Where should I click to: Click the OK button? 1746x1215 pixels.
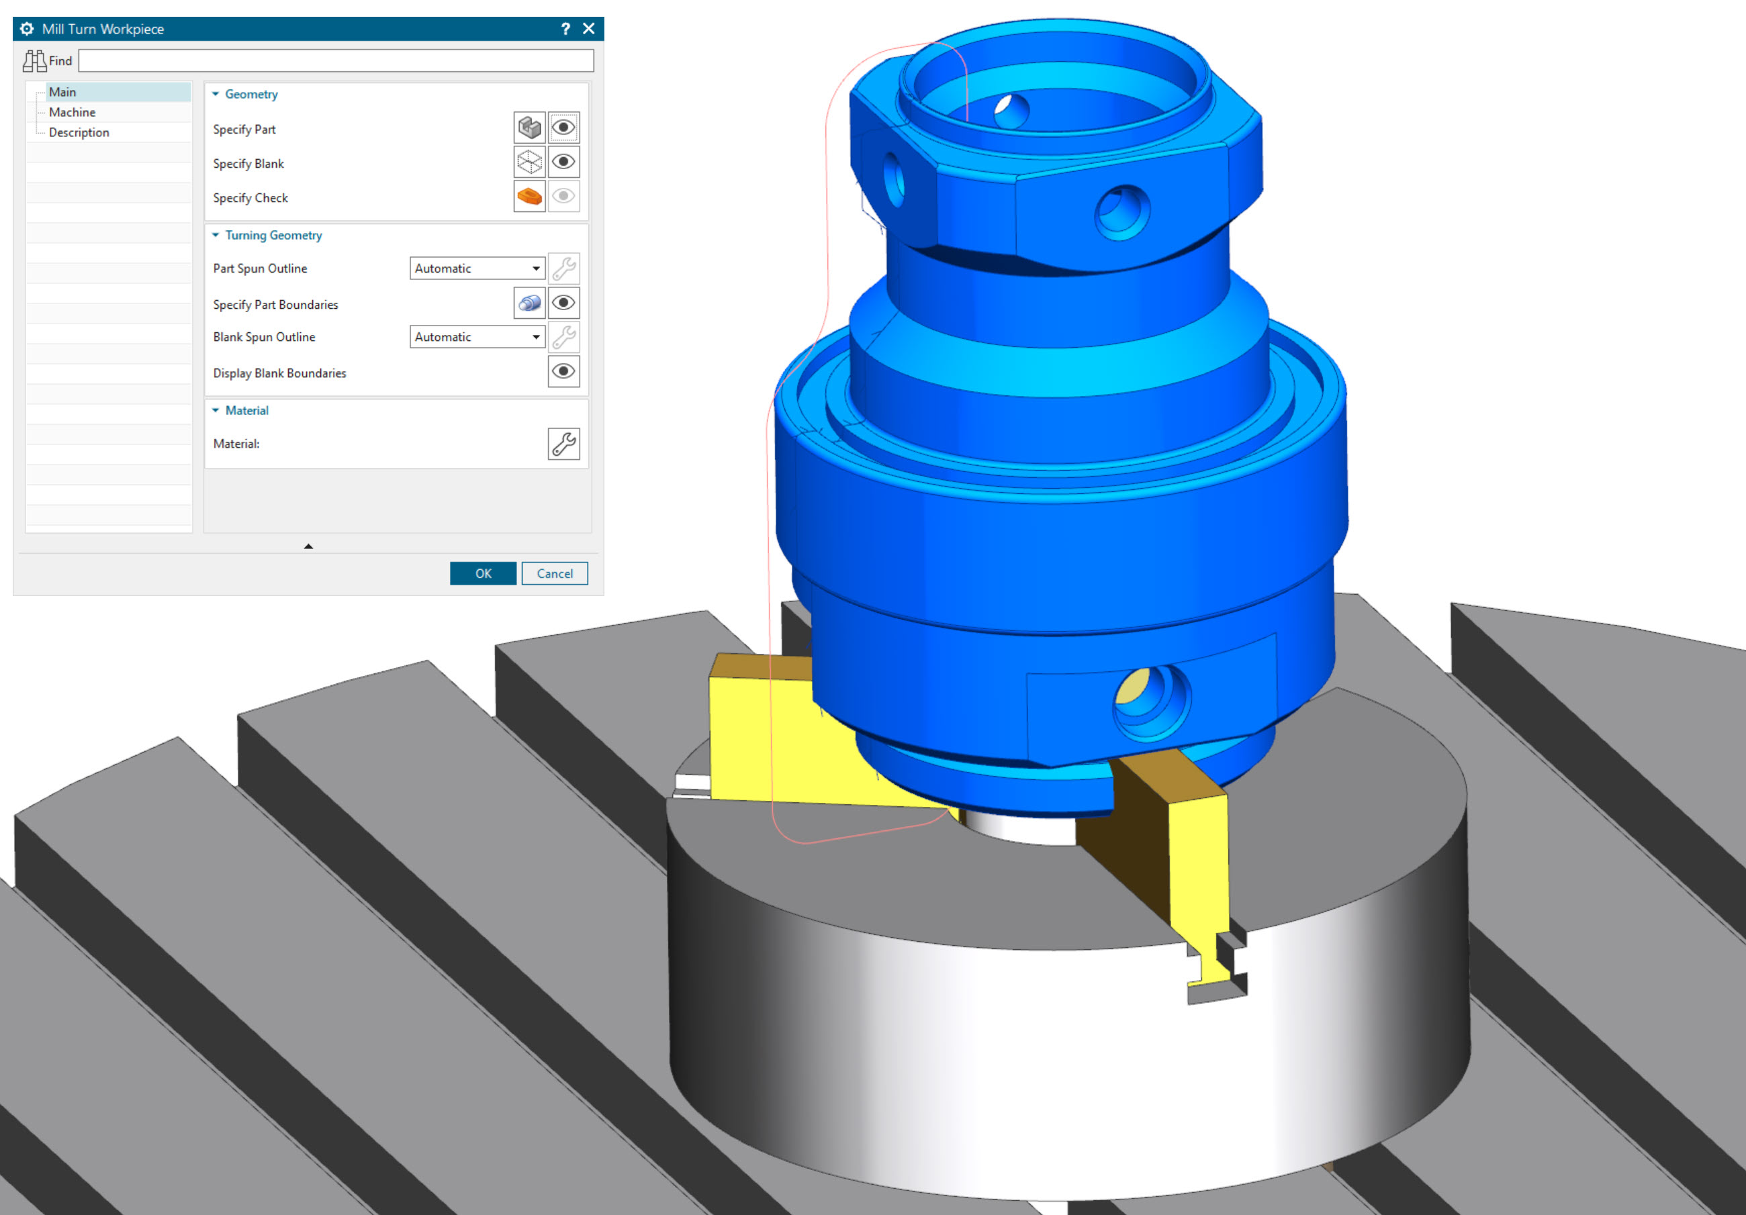click(483, 573)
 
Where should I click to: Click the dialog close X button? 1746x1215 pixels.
click(588, 29)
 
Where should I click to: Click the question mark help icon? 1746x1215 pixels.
click(565, 29)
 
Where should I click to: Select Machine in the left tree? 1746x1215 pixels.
click(73, 112)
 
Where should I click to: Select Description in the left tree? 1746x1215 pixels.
click(79, 132)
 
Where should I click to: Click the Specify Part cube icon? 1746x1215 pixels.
click(529, 128)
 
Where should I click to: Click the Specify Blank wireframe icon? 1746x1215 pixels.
click(529, 162)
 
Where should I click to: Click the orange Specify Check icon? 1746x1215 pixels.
click(529, 197)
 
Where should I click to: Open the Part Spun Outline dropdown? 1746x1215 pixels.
click(477, 269)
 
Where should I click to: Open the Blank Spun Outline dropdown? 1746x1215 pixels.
click(477, 337)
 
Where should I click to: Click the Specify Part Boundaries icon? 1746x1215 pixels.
click(529, 303)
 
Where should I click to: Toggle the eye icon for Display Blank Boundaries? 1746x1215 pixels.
click(563, 372)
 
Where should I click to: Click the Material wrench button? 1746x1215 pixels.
click(563, 444)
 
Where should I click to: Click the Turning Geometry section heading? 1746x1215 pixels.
click(273, 235)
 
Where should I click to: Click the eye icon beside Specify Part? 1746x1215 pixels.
click(563, 128)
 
